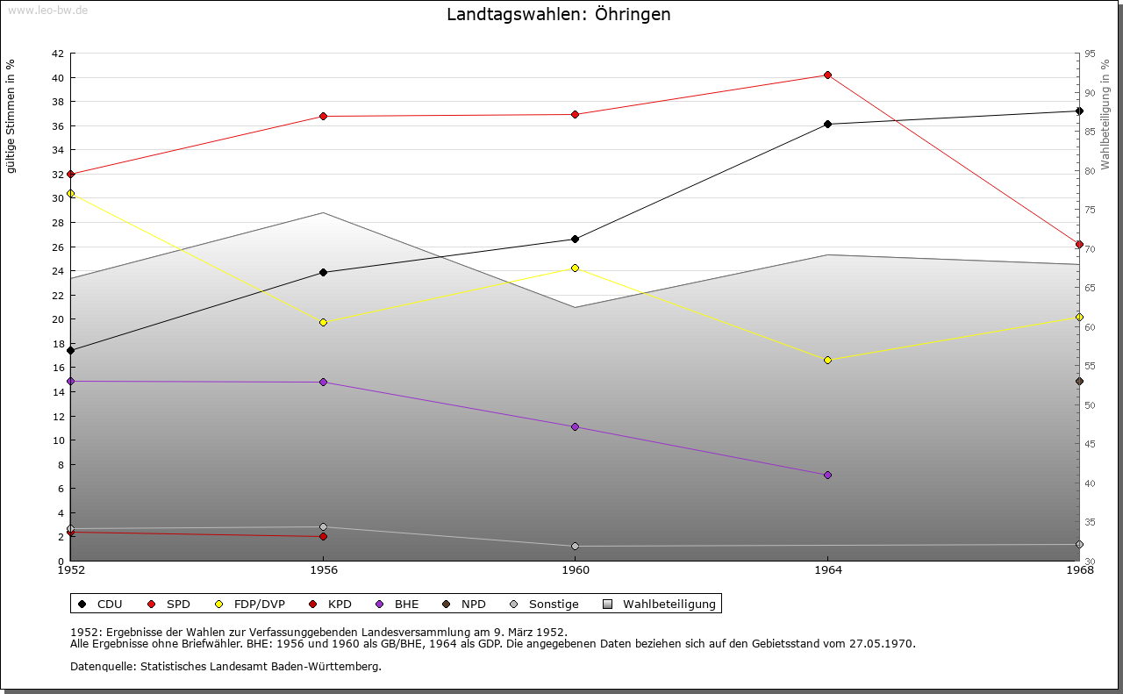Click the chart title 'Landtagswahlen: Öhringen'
pyautogui.click(x=558, y=14)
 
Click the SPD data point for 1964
pyautogui.click(x=827, y=75)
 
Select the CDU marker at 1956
pyautogui.click(x=323, y=272)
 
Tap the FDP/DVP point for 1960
pyautogui.click(x=575, y=268)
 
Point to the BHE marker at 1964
pyautogui.click(x=827, y=475)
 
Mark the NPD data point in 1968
pyautogui.click(x=1079, y=381)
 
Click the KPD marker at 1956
pyautogui.click(x=323, y=536)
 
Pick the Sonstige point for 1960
pyautogui.click(x=575, y=546)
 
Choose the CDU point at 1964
pyautogui.click(x=827, y=124)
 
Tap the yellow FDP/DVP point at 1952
pyautogui.click(x=70, y=193)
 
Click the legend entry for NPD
pyautogui.click(x=465, y=604)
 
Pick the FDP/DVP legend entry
pyautogui.click(x=250, y=604)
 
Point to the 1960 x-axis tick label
pyautogui.click(x=575, y=570)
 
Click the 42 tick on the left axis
pyautogui.click(x=57, y=54)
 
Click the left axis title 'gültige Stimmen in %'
pyautogui.click(x=11, y=116)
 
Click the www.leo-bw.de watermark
pyautogui.click(x=44, y=10)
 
